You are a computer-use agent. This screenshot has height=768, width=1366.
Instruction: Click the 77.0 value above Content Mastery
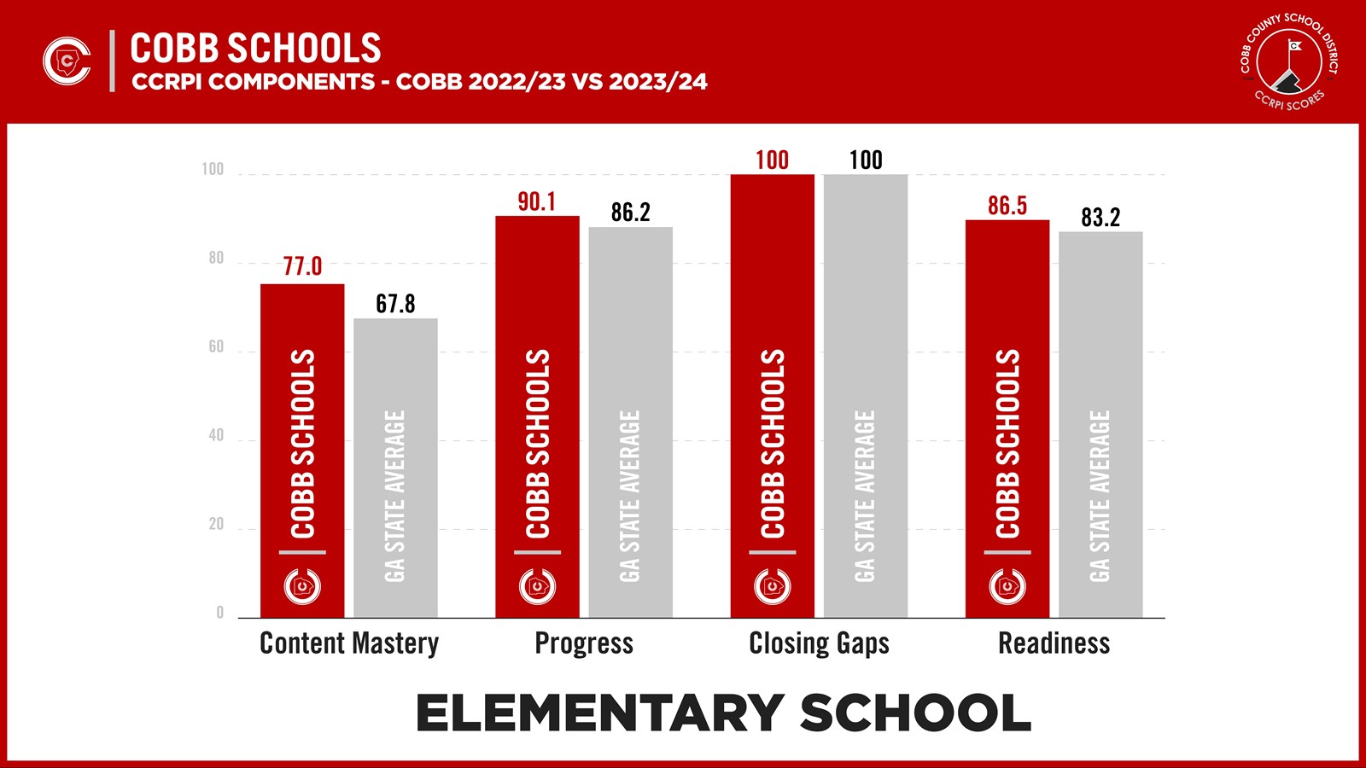pos(302,267)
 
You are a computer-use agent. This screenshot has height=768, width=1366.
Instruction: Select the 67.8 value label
pos(395,304)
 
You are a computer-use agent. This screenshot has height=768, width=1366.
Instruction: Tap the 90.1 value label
pos(536,202)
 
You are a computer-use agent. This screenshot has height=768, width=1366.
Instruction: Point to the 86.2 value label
pos(630,212)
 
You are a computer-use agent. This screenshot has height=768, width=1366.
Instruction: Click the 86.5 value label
pos(1007,206)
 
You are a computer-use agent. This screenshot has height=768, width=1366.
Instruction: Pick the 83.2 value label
pos(1100,218)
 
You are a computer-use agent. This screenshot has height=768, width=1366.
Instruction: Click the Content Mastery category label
pos(349,643)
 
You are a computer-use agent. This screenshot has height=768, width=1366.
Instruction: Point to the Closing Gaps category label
pos(819,643)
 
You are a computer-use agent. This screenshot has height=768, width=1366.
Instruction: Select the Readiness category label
pos(1054,643)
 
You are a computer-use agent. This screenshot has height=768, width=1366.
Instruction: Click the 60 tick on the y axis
pos(216,346)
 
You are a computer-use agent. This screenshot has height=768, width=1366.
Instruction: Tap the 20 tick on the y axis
pos(216,524)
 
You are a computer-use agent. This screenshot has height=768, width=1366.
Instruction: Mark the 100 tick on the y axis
pos(213,169)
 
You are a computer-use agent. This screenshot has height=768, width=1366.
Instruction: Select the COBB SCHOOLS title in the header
pos(255,49)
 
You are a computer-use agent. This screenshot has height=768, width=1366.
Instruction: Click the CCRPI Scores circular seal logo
pos(1289,61)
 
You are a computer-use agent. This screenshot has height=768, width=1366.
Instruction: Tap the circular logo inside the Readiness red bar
pos(1007,586)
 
